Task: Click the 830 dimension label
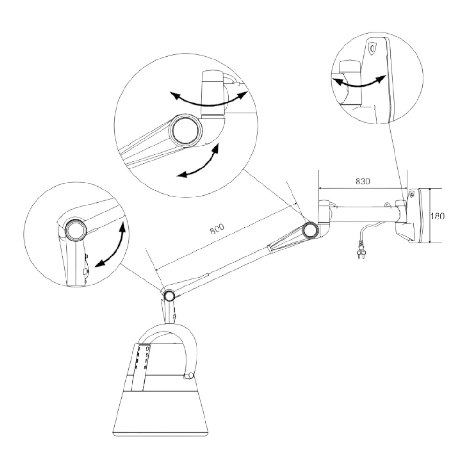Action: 363,181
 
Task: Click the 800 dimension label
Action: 217,229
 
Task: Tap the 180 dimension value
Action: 437,216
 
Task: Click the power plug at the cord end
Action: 360,253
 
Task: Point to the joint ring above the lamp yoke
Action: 169,295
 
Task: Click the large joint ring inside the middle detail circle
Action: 186,130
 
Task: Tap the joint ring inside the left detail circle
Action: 76,230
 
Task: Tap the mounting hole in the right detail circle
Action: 372,48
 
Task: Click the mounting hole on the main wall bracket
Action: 412,194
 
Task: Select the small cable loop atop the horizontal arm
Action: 387,205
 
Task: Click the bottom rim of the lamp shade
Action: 160,433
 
